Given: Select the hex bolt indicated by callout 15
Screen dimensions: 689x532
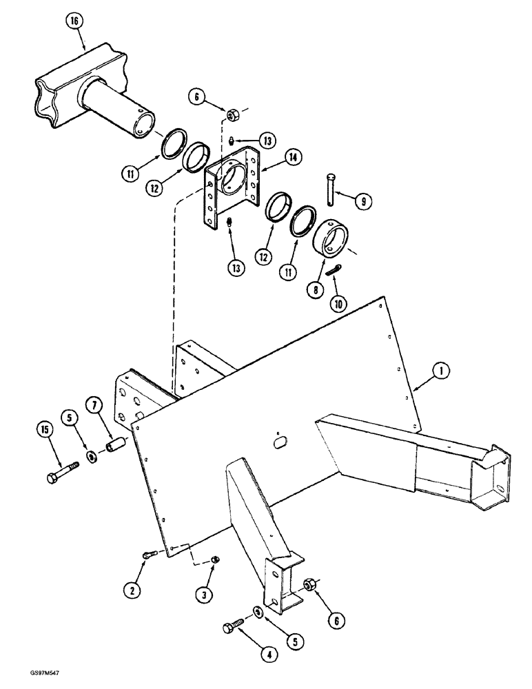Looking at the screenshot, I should click(60, 474).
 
